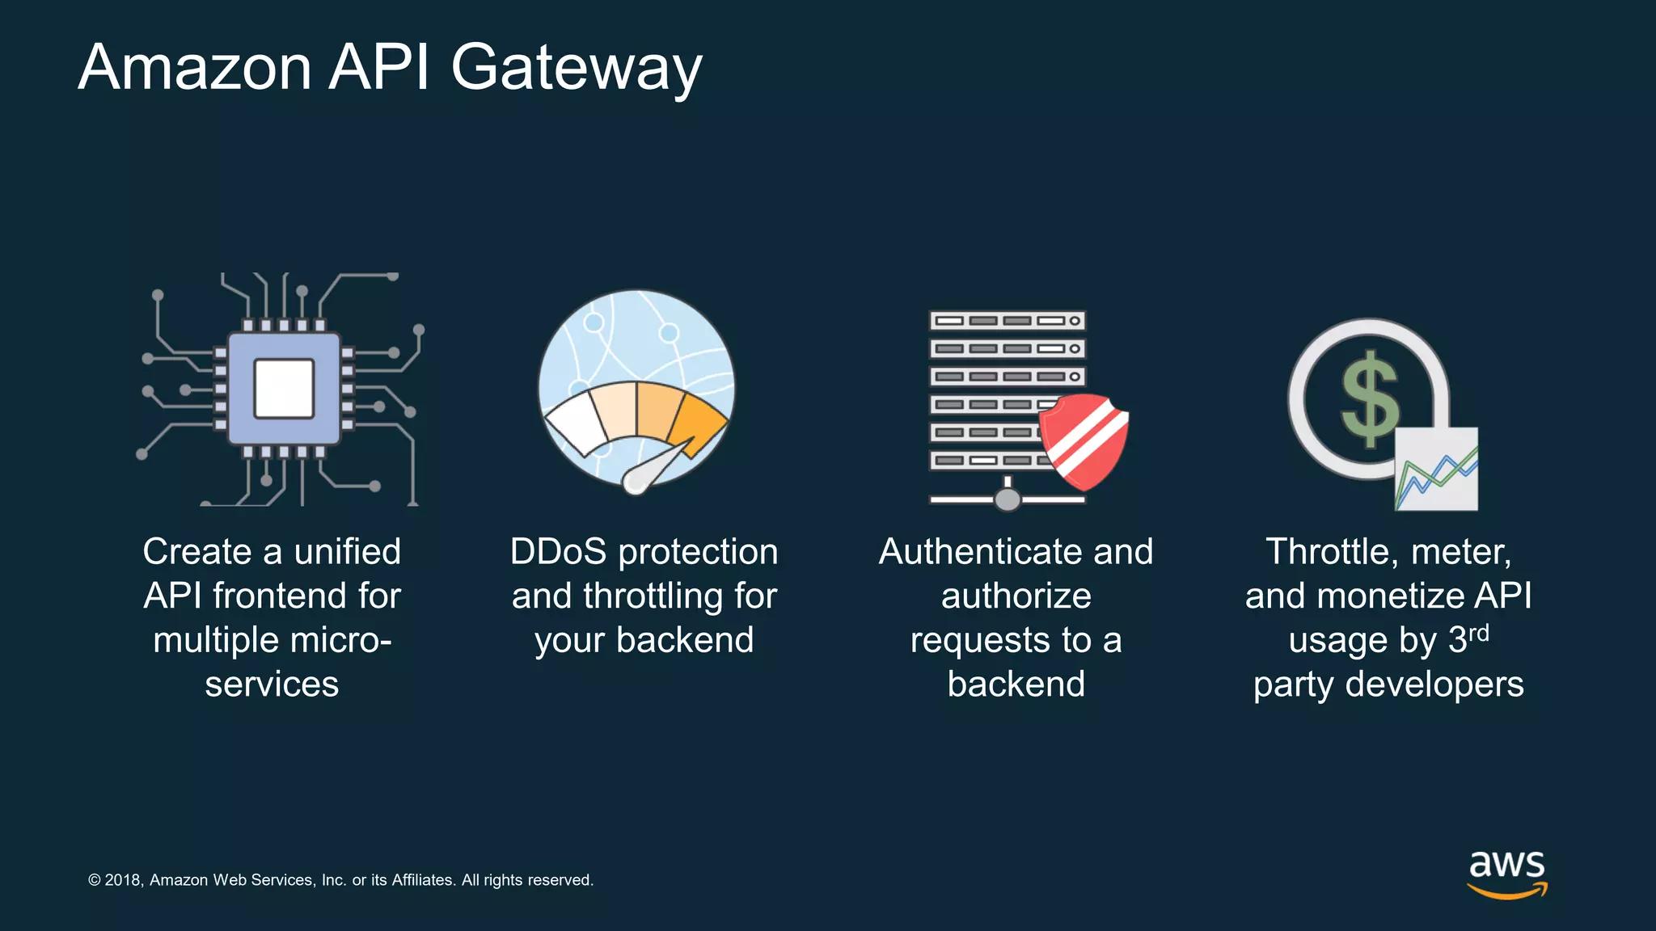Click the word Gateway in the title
[x=576, y=68]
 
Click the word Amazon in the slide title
[x=195, y=68]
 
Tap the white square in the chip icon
[x=284, y=389]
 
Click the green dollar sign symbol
[x=1370, y=398]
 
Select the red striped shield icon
[x=1084, y=440]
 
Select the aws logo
[x=1507, y=873]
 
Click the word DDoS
[x=558, y=552]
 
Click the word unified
[x=347, y=552]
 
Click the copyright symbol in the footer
[x=95, y=880]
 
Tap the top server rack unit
[x=1007, y=321]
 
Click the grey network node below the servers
[x=1008, y=499]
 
